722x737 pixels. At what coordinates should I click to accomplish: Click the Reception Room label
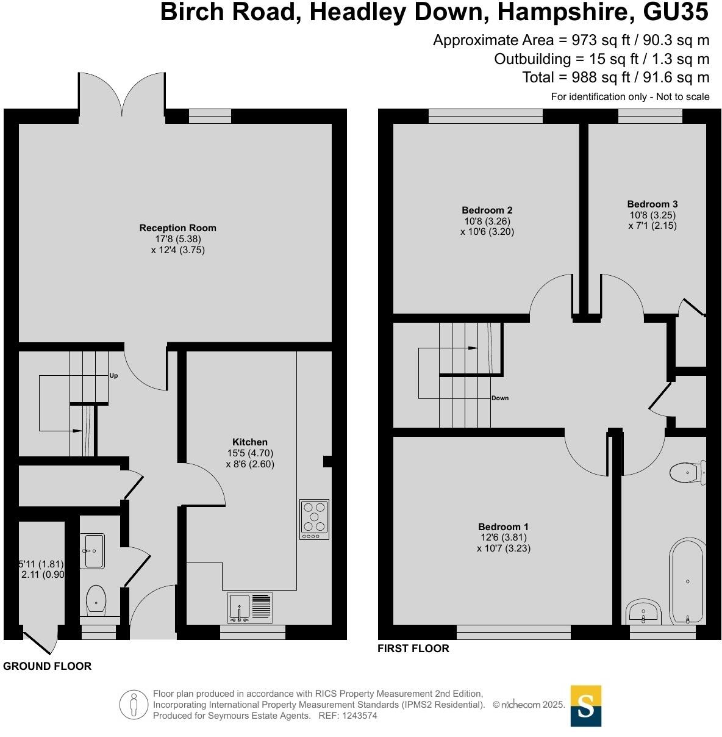click(177, 228)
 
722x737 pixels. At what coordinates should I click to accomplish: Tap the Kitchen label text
click(249, 442)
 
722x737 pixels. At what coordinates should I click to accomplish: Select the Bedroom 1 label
click(503, 527)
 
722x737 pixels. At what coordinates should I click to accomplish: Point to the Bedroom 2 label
click(487, 210)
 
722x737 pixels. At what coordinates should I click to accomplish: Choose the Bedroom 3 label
click(652, 204)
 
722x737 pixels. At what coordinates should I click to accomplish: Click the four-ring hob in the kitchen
click(314, 519)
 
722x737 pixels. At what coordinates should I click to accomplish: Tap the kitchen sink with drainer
click(250, 608)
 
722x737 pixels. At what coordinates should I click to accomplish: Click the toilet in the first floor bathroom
click(687, 472)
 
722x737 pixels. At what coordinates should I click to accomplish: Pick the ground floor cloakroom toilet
click(96, 600)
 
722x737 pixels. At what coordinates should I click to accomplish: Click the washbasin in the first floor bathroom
click(642, 611)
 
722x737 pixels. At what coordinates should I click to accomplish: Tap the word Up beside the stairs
click(113, 376)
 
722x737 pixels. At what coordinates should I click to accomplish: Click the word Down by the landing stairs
click(499, 398)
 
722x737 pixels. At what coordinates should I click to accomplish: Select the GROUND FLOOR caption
click(47, 666)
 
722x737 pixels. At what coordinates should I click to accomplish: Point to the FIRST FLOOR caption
click(413, 649)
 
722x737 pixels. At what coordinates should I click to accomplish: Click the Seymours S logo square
click(585, 706)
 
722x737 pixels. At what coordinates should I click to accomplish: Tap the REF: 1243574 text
click(348, 716)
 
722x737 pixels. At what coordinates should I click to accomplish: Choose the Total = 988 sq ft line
click(615, 77)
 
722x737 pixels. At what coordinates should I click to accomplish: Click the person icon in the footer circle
click(134, 705)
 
